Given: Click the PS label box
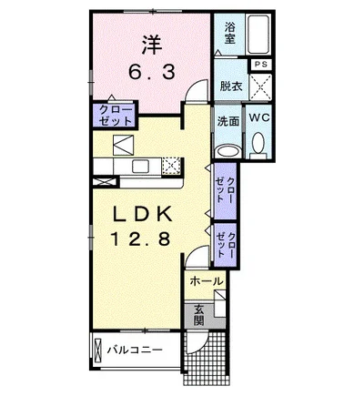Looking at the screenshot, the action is click(260, 64).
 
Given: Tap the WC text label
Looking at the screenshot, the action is click(259, 117).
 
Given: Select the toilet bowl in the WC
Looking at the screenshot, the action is click(258, 143).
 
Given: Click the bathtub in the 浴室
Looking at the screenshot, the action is click(258, 35).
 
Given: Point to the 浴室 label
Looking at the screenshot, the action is click(229, 34).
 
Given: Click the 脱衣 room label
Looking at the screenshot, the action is click(231, 86).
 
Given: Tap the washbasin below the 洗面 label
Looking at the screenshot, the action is click(227, 151).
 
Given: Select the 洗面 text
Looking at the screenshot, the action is click(228, 121).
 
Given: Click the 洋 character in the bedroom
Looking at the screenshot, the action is click(152, 45).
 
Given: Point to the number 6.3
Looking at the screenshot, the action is click(152, 73).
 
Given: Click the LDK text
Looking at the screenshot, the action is click(142, 214).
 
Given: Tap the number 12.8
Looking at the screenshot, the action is click(140, 239).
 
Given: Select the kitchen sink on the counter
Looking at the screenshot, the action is click(140, 167).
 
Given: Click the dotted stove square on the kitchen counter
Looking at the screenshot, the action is click(171, 167).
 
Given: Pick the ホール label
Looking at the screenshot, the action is click(207, 281).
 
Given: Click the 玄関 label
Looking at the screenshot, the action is click(198, 315).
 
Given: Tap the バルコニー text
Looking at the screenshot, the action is click(135, 350).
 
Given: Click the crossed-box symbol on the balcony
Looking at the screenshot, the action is click(97, 350).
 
